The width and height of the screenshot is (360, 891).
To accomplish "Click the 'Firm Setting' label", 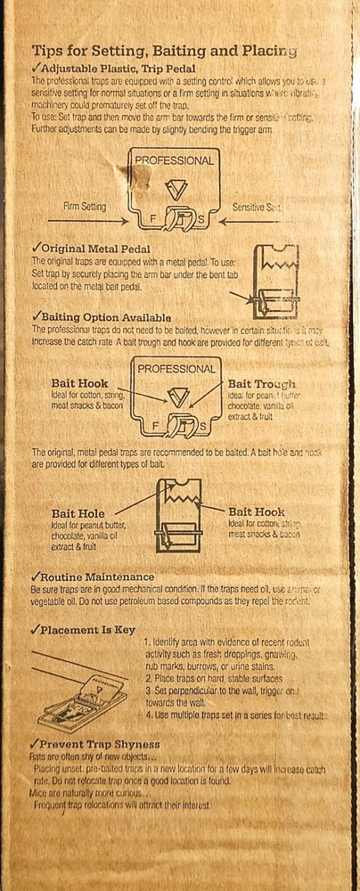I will [85, 206].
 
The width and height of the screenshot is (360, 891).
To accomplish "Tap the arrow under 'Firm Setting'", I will [84, 220].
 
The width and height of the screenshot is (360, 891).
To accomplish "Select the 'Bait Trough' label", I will [261, 383].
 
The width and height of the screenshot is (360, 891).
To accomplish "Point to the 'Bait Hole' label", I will [78, 513].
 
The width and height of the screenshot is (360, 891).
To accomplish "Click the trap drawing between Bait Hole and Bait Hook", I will [177, 516].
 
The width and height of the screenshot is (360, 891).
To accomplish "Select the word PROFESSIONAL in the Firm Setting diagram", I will [176, 161].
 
